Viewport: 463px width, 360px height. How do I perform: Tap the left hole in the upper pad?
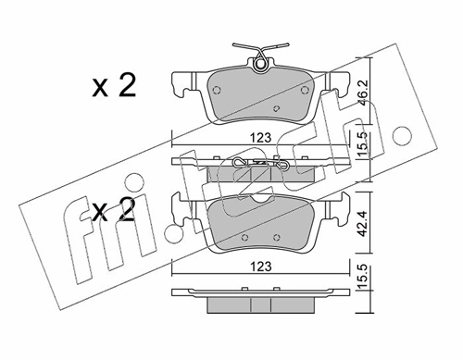pyautogui.click(x=217, y=92)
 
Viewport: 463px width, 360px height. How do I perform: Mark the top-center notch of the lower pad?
pyautogui.click(x=258, y=200)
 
